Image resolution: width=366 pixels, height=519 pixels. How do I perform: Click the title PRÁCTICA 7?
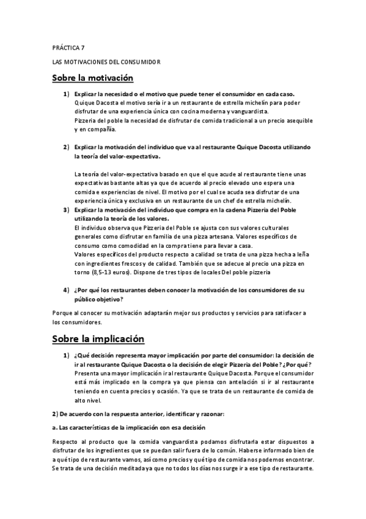click(x=68, y=47)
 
